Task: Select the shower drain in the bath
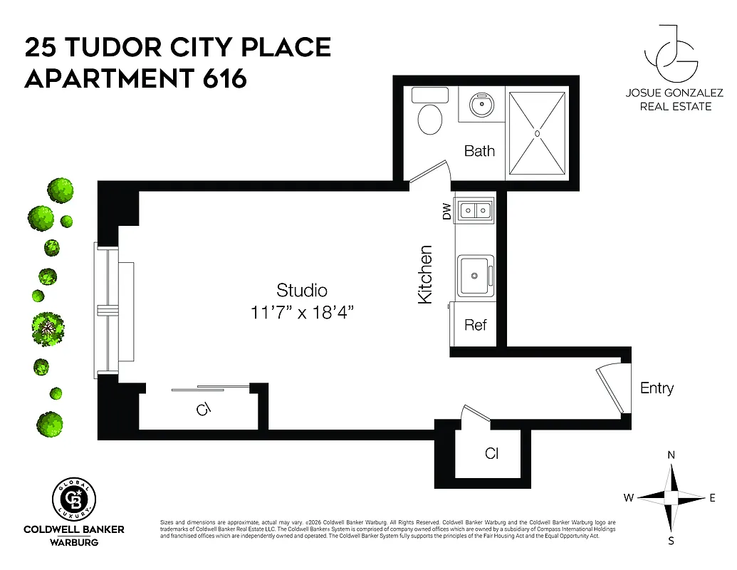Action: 538,133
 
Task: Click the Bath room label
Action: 479,151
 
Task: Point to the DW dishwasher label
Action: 446,212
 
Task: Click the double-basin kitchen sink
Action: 475,210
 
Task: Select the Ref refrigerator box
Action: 475,325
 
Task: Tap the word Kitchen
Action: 425,274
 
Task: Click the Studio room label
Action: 302,290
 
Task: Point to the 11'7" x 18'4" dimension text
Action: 302,312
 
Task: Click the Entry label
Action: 657,388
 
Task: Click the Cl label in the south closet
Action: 491,453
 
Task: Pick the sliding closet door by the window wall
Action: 210,388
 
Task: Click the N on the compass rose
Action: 671,455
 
